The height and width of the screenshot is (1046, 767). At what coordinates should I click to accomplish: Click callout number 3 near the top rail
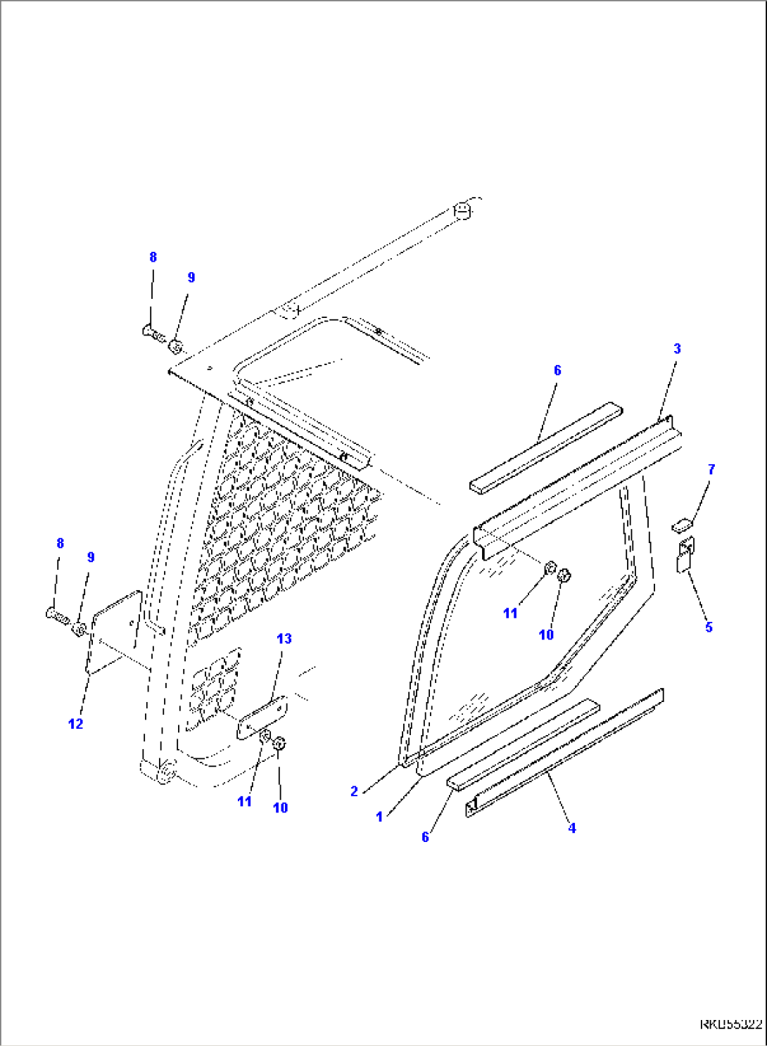[677, 348]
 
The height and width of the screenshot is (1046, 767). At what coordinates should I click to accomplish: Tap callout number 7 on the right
[711, 469]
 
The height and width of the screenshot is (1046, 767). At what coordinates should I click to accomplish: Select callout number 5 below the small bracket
[709, 627]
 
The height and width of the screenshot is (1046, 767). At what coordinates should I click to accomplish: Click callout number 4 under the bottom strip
[572, 829]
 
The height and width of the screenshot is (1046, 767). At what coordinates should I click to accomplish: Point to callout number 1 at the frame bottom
[379, 817]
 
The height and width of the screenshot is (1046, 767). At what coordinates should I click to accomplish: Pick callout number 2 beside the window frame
[355, 791]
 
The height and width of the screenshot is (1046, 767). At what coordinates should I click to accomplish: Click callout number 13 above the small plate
[284, 639]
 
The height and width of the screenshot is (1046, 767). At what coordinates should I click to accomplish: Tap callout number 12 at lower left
[75, 724]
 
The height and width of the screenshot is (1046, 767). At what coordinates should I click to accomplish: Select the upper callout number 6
[557, 370]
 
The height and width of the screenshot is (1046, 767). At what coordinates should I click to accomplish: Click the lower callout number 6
[425, 837]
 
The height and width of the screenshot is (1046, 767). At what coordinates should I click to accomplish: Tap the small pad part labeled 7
[683, 524]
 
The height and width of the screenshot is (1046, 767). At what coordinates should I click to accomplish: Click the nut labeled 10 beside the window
[564, 576]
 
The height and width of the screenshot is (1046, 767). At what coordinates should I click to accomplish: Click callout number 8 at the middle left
[60, 543]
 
